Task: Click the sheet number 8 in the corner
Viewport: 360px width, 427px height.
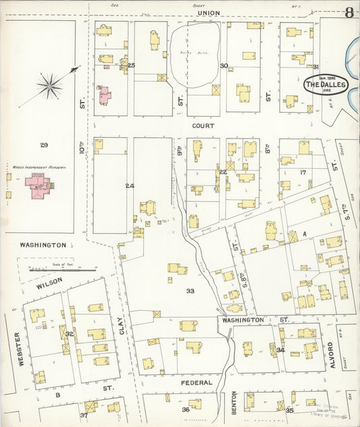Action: (x=349, y=11)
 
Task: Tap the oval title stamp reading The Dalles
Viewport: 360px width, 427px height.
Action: (x=326, y=85)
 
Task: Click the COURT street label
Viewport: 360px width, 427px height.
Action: (x=203, y=126)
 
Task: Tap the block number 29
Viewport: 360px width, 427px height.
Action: (x=44, y=145)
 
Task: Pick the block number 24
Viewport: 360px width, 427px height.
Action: (x=130, y=185)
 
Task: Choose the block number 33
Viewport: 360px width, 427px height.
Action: (x=190, y=291)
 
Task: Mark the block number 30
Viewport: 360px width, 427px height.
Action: (x=224, y=66)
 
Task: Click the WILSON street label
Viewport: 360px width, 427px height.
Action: (x=50, y=279)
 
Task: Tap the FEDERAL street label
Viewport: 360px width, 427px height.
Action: (x=197, y=382)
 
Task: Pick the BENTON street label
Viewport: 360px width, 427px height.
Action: (x=234, y=402)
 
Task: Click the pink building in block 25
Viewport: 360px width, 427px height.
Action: (x=105, y=95)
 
